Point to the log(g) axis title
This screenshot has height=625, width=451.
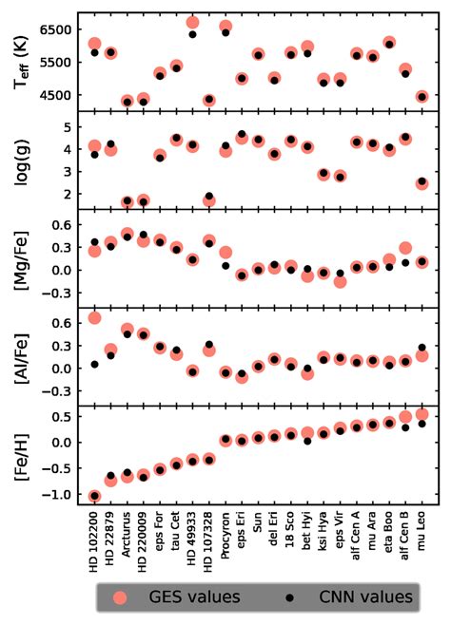point(18,160)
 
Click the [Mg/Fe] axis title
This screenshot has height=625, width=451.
point(18,257)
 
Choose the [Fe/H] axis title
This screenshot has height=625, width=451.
point(18,454)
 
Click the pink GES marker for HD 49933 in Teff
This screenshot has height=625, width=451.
point(192,23)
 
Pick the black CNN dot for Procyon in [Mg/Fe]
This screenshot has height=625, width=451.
point(225,265)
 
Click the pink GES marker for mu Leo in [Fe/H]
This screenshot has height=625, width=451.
point(422,414)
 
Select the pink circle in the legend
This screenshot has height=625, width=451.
point(120,597)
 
